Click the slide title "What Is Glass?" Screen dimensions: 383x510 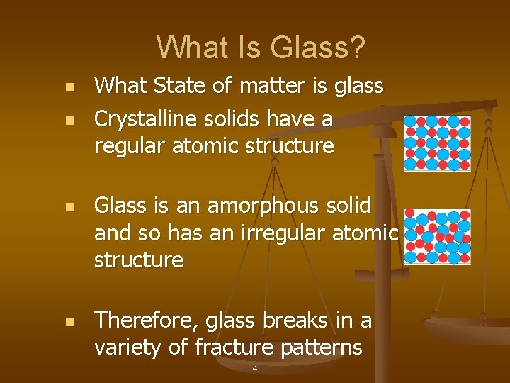pyautogui.click(x=261, y=48)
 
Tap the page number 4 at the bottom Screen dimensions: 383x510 pyautogui.click(x=254, y=369)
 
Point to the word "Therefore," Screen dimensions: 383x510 pyautogui.click(x=147, y=321)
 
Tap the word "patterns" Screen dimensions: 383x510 pyautogui.click(x=327, y=348)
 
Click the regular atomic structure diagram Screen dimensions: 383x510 pyautogui.click(x=437, y=143)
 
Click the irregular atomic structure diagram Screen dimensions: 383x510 pyautogui.click(x=437, y=237)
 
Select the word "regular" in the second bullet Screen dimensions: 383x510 pyautogui.click(x=129, y=146)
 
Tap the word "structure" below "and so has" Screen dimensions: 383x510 pyautogui.click(x=139, y=260)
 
